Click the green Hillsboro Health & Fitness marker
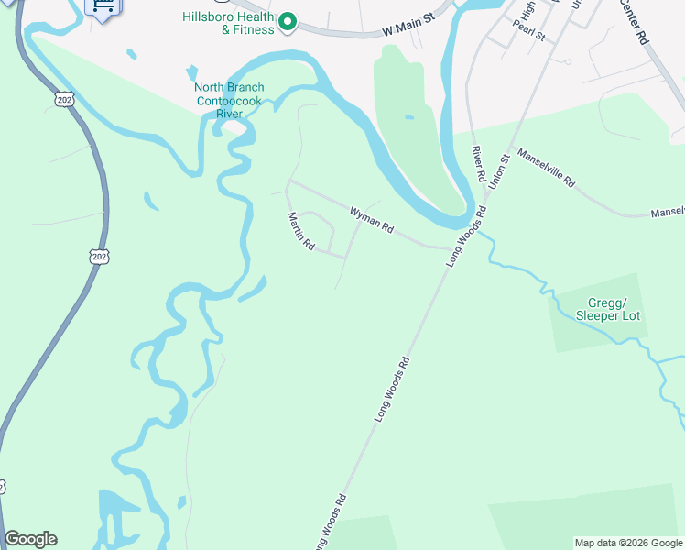(x=288, y=20)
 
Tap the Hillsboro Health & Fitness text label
(x=228, y=23)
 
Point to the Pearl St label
(x=529, y=36)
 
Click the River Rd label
(x=478, y=162)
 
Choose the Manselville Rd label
(x=545, y=168)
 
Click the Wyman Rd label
(x=371, y=219)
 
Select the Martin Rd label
(x=301, y=232)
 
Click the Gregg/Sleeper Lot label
(x=607, y=309)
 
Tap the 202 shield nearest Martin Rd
(x=99, y=256)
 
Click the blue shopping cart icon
(x=102, y=7)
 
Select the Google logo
(x=30, y=539)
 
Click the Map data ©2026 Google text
(x=628, y=543)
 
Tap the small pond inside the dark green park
(x=408, y=117)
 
